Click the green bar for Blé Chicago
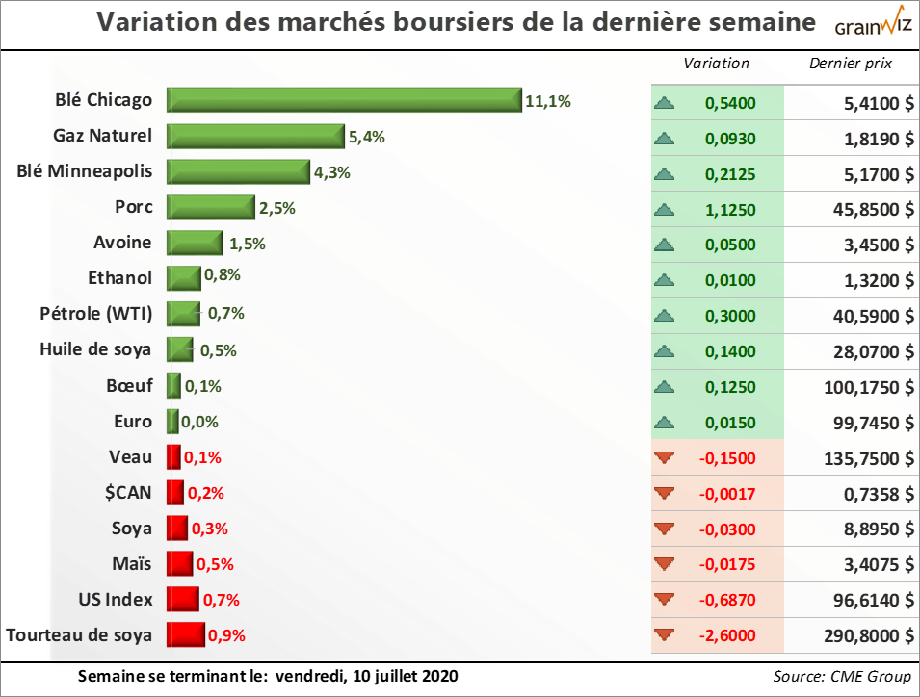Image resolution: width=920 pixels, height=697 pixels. click(x=344, y=100)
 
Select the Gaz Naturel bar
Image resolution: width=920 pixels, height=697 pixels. click(x=255, y=136)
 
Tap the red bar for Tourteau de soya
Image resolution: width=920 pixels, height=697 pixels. click(x=186, y=634)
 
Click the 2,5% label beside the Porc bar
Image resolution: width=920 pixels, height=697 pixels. click(x=276, y=207)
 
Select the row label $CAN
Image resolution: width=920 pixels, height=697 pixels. click(x=130, y=492)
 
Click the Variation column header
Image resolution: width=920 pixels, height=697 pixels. click(x=716, y=64)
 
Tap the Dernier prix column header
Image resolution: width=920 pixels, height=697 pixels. click(x=851, y=64)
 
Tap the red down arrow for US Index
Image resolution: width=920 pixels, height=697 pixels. click(x=663, y=600)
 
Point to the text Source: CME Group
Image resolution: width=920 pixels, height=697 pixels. click(x=841, y=676)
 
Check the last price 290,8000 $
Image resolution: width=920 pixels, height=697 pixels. click(x=865, y=635)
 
